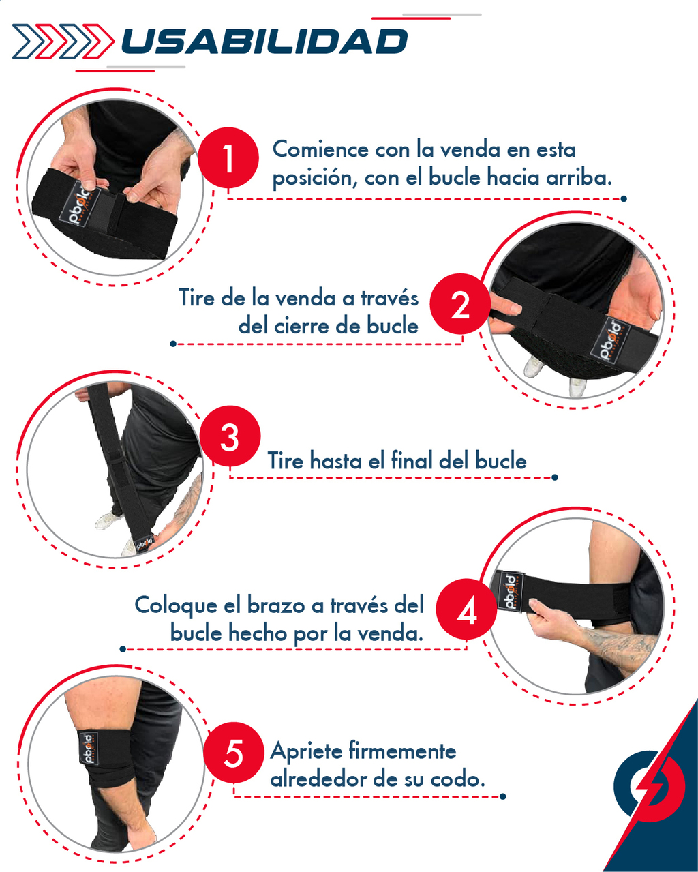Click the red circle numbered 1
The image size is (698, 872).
pyautogui.click(x=228, y=157)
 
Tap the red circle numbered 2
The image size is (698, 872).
pyautogui.click(x=460, y=303)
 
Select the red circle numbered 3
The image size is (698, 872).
pyautogui.click(x=230, y=436)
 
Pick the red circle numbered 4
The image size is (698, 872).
pyautogui.click(x=467, y=609)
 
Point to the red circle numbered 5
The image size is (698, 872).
pyautogui.click(x=233, y=753)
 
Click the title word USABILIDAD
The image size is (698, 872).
pyautogui.click(x=264, y=42)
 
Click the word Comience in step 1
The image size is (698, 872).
pyautogui.click(x=320, y=149)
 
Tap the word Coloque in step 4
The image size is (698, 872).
pyautogui.click(x=176, y=606)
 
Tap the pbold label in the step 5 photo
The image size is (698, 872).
pyautogui.click(x=89, y=748)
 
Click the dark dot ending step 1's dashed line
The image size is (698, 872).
pyautogui.click(x=624, y=198)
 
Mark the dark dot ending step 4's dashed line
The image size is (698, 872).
pyautogui.click(x=123, y=649)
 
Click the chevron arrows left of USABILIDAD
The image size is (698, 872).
pyautogui.click(x=63, y=42)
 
